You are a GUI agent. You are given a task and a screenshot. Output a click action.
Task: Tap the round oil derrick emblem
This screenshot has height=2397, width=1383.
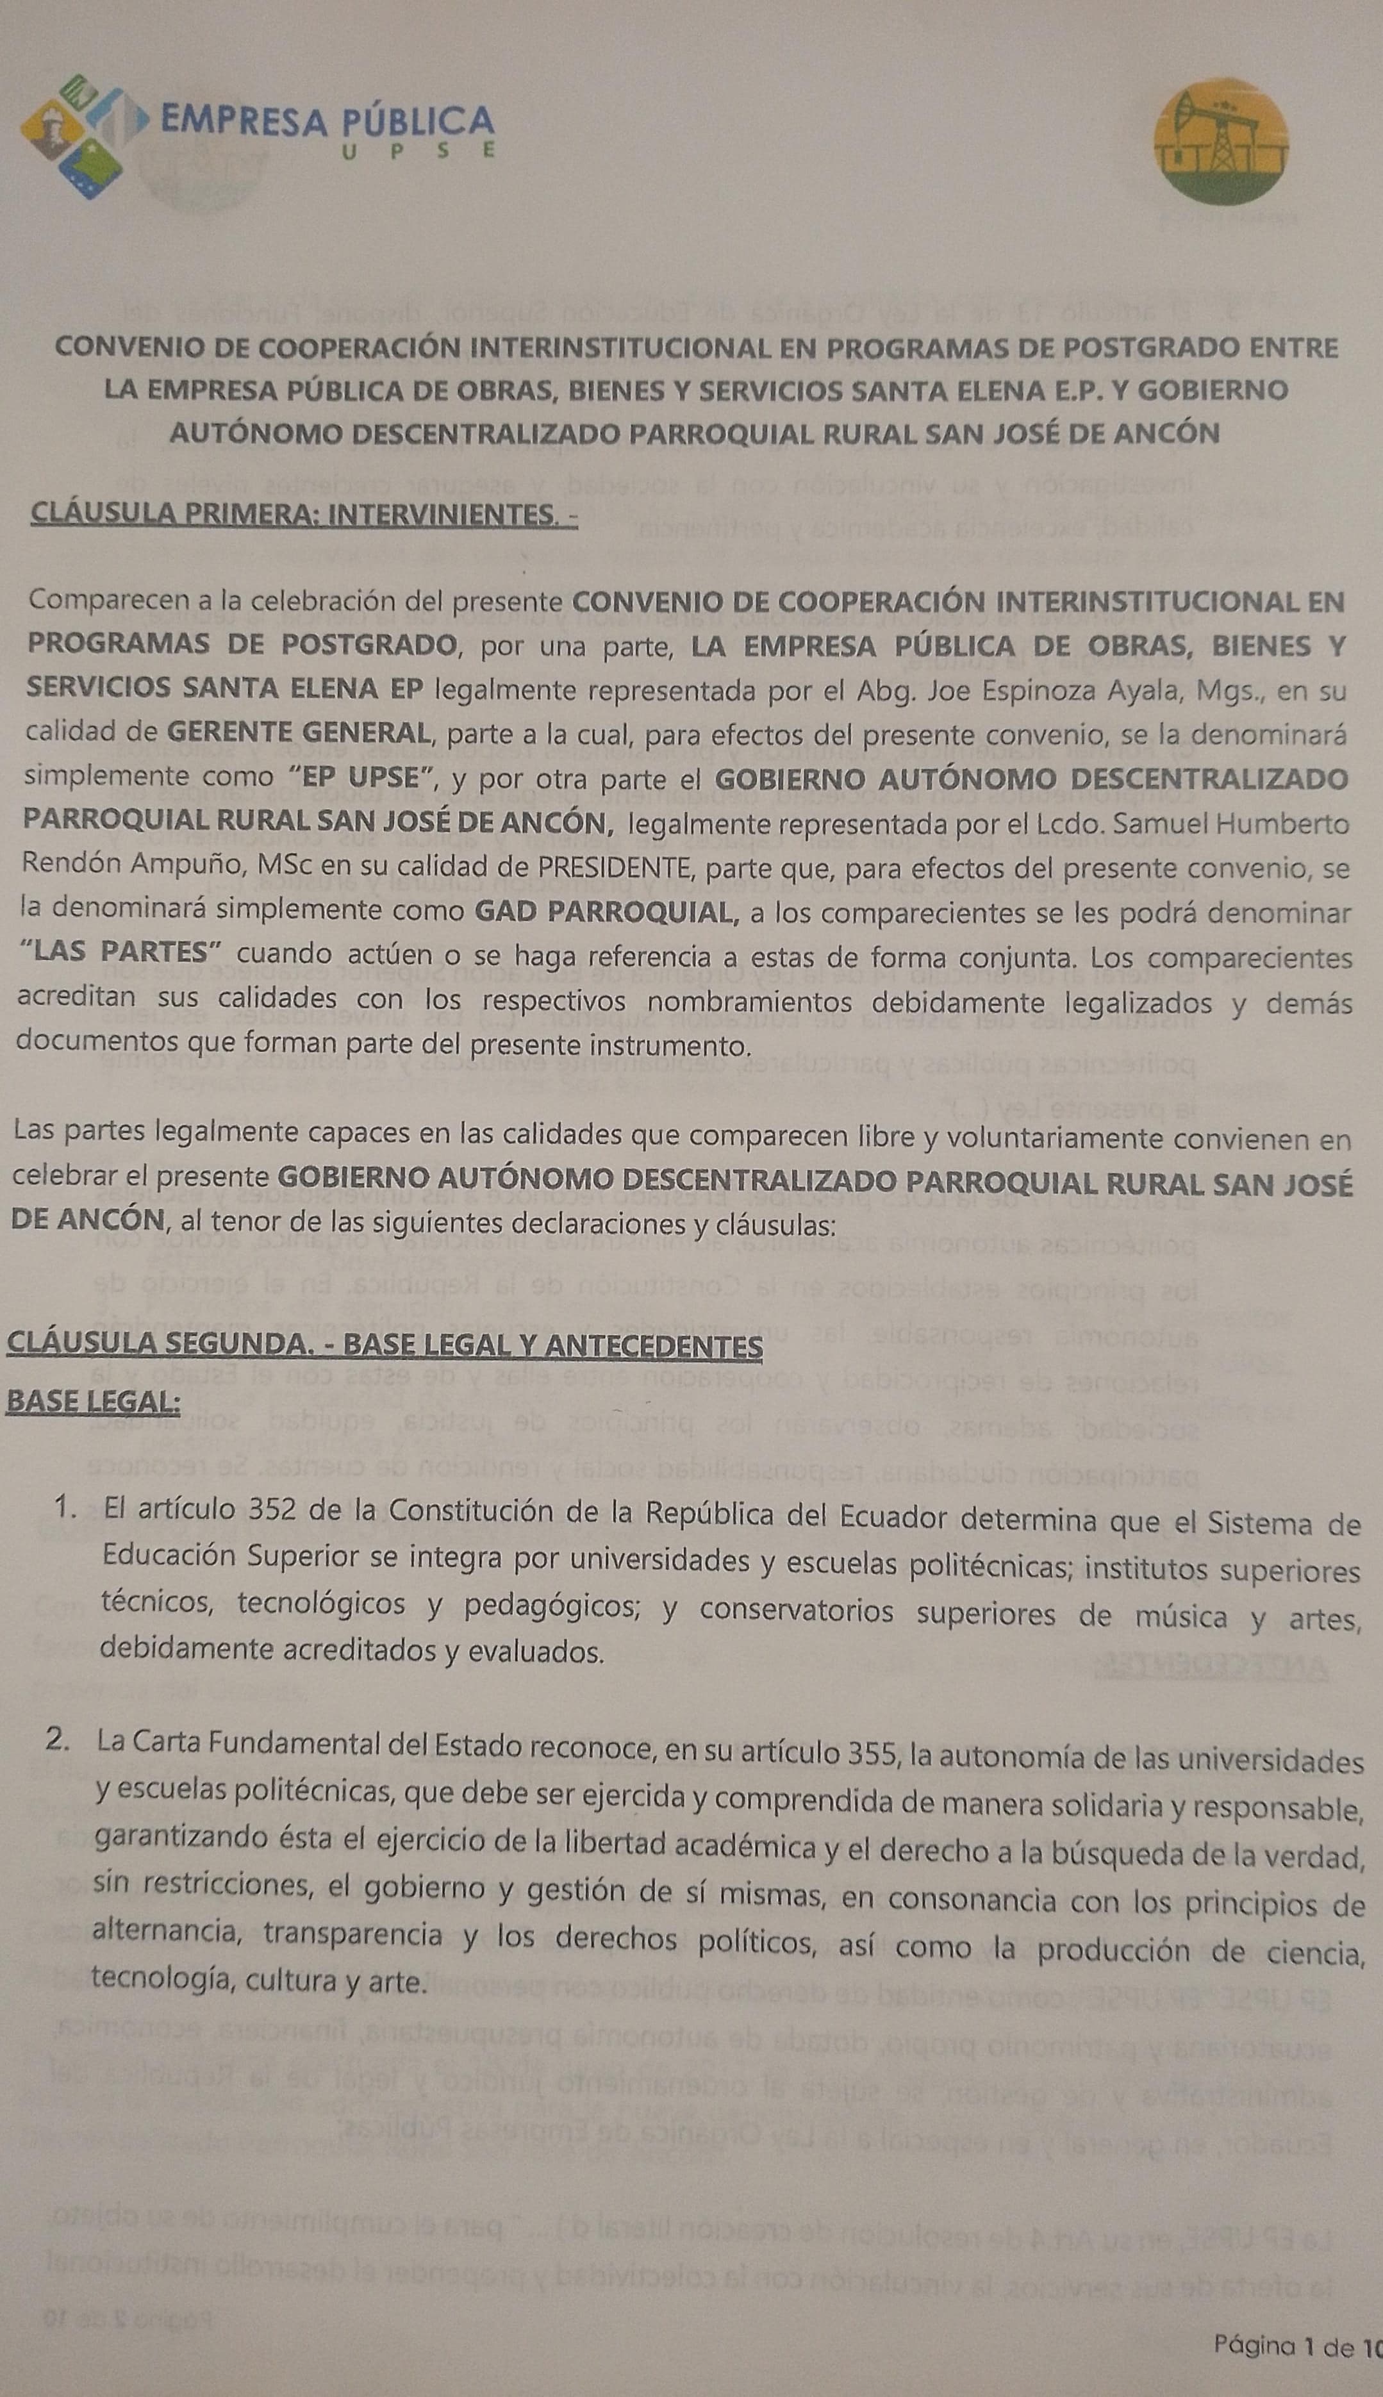[1221, 142]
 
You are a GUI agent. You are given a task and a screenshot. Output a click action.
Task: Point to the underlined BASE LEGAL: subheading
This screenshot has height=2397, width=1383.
[93, 1403]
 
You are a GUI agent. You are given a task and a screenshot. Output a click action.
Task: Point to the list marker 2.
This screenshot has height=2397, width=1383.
[58, 1740]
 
